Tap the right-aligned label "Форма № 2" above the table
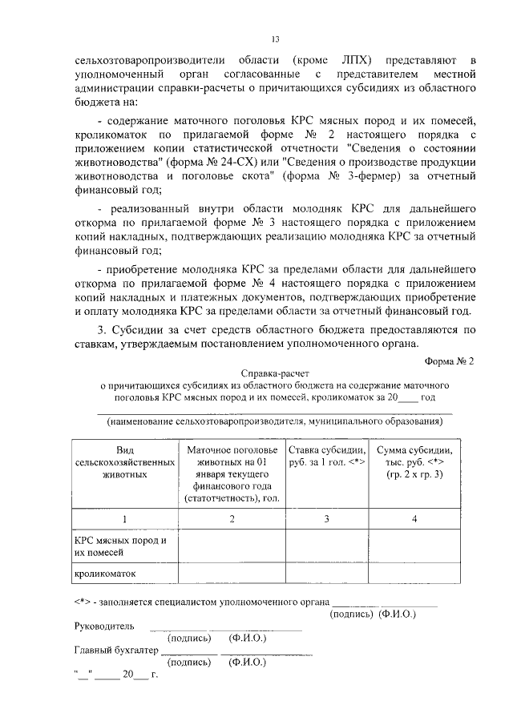pos(451,360)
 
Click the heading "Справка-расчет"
pos(274,373)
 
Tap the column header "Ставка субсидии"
pos(326,456)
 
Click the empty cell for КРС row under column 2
pos(232,546)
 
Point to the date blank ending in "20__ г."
pos(116,675)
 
